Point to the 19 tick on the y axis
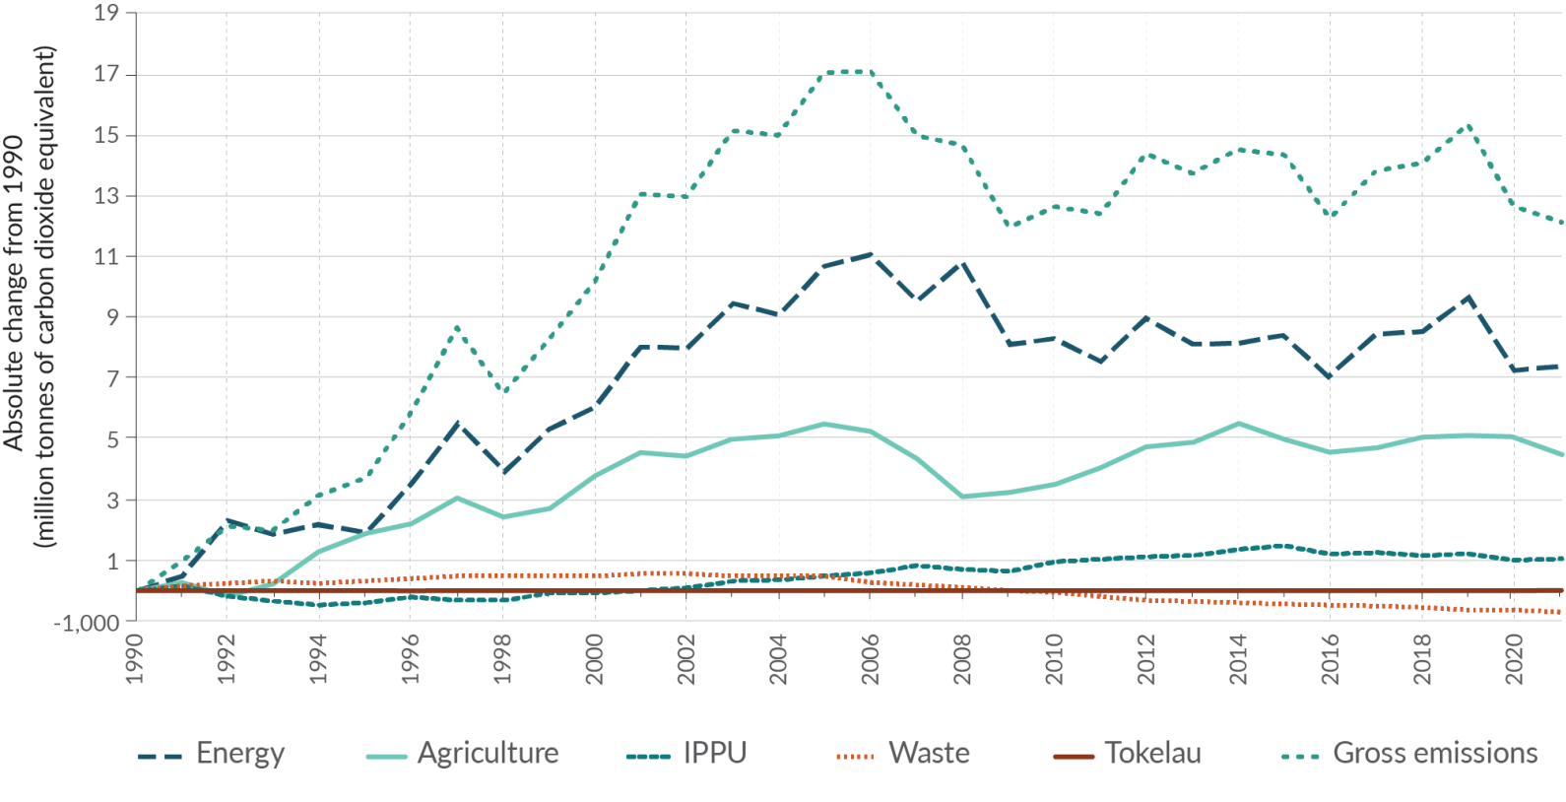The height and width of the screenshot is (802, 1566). coord(107,14)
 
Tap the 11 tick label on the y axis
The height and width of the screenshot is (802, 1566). coord(107,257)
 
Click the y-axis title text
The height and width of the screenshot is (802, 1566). coord(30,296)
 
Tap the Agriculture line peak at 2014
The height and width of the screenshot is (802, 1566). coord(1238,423)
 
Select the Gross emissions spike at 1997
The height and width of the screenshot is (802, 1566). coord(456,326)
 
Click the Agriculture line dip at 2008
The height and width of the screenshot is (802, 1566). coord(962,497)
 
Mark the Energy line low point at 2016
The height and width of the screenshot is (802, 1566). coord(1331,377)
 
